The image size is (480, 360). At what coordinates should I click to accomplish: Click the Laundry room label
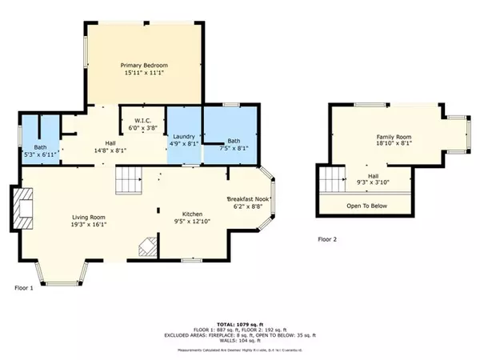185,136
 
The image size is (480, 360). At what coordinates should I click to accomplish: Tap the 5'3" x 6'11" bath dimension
40,154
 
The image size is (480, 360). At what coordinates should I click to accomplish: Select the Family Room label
393,137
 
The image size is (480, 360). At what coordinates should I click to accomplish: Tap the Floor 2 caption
327,238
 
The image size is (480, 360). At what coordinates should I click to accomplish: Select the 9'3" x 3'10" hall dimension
374,182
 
